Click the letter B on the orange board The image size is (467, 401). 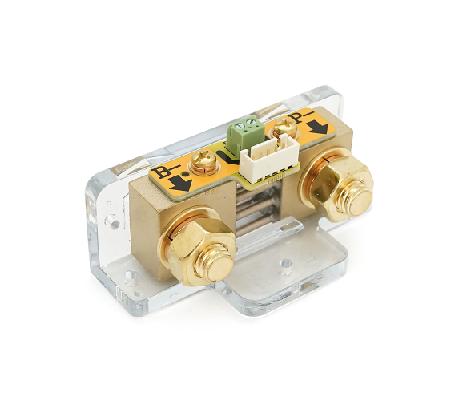(x=159, y=172)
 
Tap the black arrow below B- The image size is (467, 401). (x=180, y=184)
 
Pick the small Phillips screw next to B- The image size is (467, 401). (x=203, y=161)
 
